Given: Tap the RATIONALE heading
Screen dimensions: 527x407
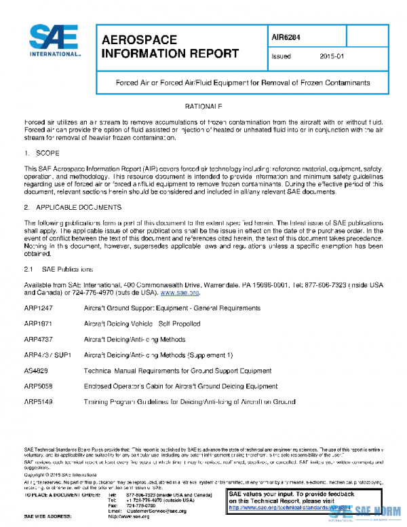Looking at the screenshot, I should click(203, 107).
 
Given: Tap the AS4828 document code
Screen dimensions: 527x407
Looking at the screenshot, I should click(37, 371).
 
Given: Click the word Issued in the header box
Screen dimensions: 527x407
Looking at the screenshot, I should click(282, 56).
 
